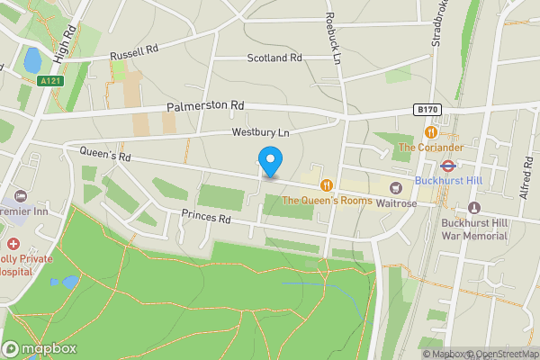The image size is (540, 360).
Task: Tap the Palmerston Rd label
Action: (x=205, y=106)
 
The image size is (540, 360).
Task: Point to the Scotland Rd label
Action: (x=274, y=58)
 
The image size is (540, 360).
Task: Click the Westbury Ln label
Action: (x=261, y=132)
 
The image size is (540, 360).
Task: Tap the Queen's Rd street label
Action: (x=105, y=155)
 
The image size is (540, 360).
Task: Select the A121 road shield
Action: (x=51, y=81)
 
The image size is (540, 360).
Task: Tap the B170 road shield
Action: (x=427, y=110)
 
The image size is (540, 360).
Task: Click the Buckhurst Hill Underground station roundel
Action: (x=446, y=165)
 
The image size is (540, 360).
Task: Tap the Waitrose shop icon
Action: (x=395, y=187)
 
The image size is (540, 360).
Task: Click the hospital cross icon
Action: (x=13, y=244)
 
